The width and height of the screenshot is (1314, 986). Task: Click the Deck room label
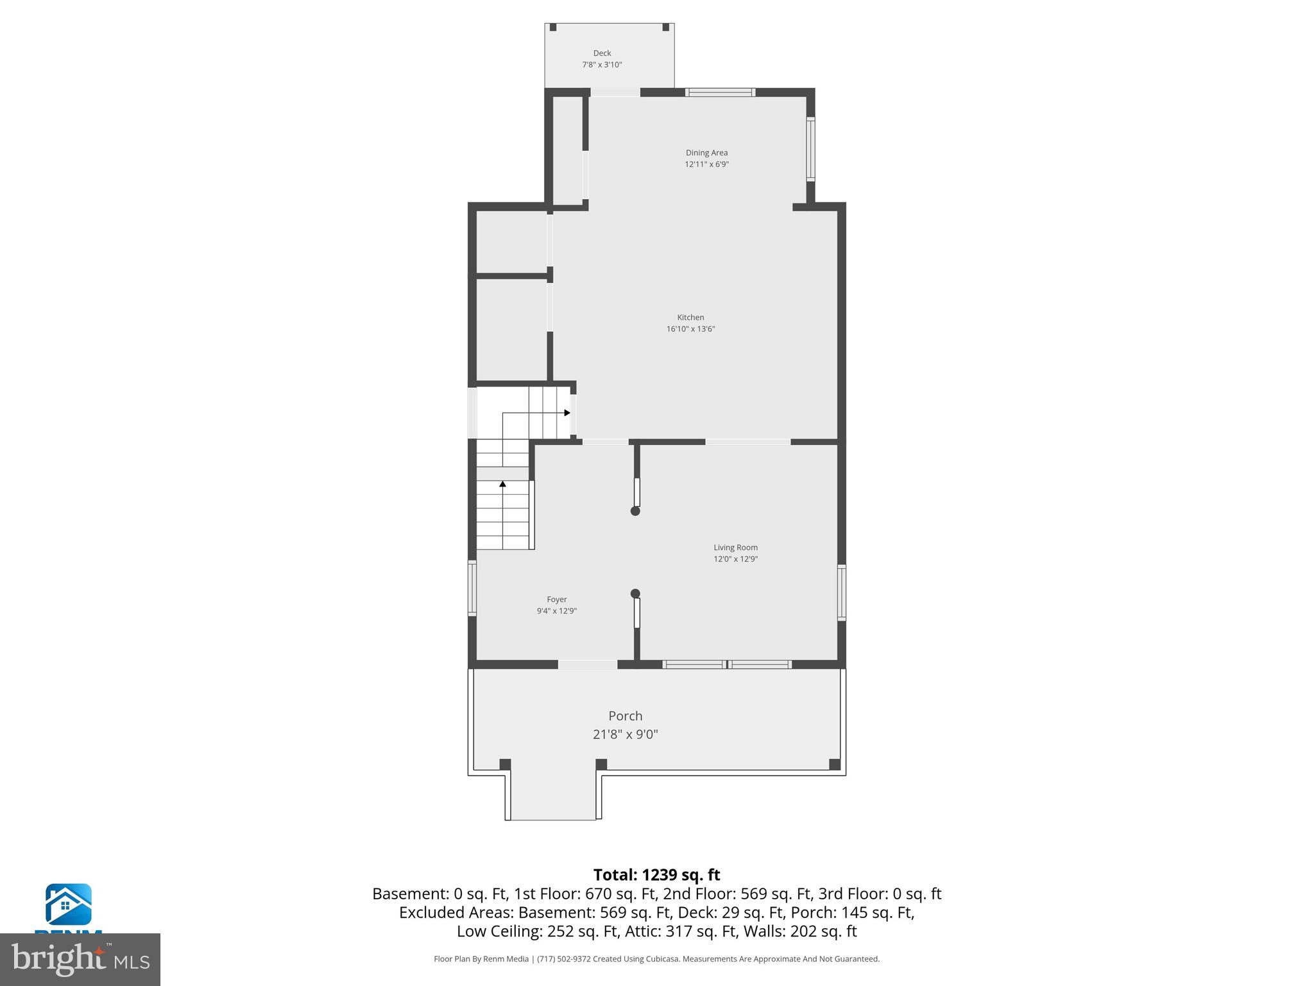[x=602, y=53]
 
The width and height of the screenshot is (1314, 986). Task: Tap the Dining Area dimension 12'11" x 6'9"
[x=706, y=164]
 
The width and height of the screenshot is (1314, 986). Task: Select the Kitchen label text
[x=690, y=317]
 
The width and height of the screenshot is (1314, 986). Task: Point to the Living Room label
[x=735, y=548]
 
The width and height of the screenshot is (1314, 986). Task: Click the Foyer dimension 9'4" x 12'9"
[x=556, y=611]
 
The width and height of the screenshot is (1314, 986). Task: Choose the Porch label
[x=625, y=716]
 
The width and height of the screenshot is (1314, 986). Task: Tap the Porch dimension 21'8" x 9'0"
[x=625, y=734]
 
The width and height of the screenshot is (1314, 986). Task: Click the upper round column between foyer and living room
[x=635, y=511]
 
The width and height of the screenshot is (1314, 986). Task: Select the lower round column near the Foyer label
[x=635, y=594]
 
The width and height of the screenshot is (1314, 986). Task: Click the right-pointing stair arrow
[x=567, y=413]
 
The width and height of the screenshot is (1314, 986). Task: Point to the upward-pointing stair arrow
[x=502, y=483]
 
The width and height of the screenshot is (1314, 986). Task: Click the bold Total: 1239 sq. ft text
[x=656, y=875]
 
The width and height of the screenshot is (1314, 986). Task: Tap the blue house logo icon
[x=68, y=904]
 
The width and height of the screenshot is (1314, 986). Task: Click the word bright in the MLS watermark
[x=58, y=959]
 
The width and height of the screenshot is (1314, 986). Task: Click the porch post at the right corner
[x=834, y=765]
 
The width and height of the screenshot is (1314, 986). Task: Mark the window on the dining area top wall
[x=720, y=92]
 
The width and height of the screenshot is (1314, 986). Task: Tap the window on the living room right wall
[x=842, y=592]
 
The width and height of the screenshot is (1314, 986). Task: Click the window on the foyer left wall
[x=472, y=588]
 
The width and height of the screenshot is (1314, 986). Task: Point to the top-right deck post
[x=665, y=28]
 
